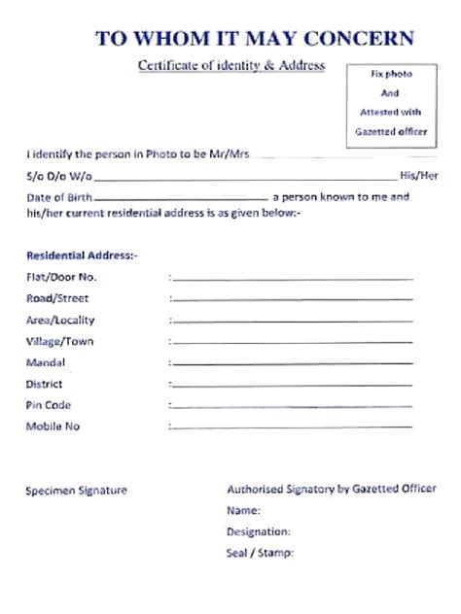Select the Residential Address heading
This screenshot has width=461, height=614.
pos(82,256)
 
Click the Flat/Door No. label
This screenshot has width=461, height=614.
pos(61,277)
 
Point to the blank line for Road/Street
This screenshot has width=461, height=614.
pos(292,300)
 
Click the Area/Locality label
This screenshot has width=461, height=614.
pos(60,320)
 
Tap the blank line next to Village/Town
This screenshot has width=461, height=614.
pos(292,343)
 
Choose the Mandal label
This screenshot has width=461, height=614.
pos(46,362)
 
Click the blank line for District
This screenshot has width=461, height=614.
pos(292,386)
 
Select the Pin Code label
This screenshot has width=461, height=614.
pos(49,405)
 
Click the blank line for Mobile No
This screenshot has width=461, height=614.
pos(292,428)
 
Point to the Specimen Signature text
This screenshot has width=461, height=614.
pos(76,491)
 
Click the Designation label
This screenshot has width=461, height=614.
pos(259,531)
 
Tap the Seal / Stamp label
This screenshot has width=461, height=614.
pos(260,554)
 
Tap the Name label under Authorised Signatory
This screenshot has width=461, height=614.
pos(243,510)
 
